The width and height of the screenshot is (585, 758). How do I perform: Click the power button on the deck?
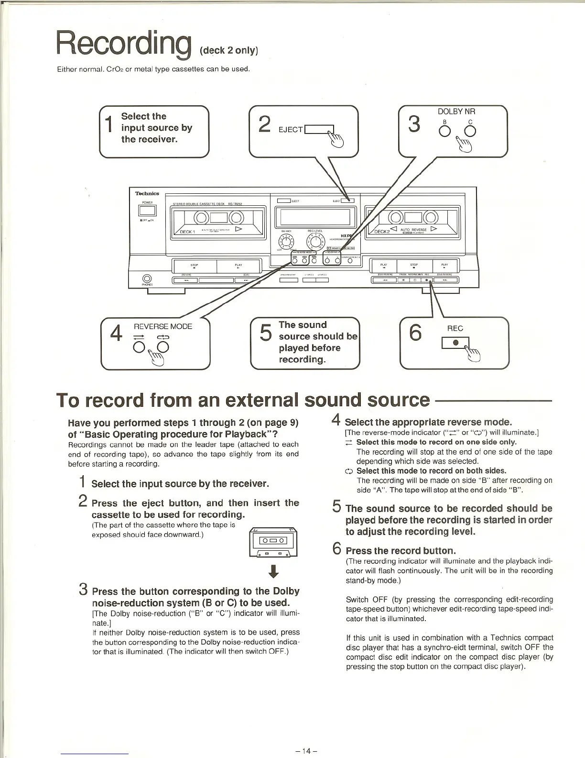(x=147, y=211)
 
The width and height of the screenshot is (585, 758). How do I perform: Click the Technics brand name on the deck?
(x=147, y=193)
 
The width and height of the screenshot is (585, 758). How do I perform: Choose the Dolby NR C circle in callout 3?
(x=472, y=132)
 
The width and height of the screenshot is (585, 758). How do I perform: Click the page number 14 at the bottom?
(x=307, y=750)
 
